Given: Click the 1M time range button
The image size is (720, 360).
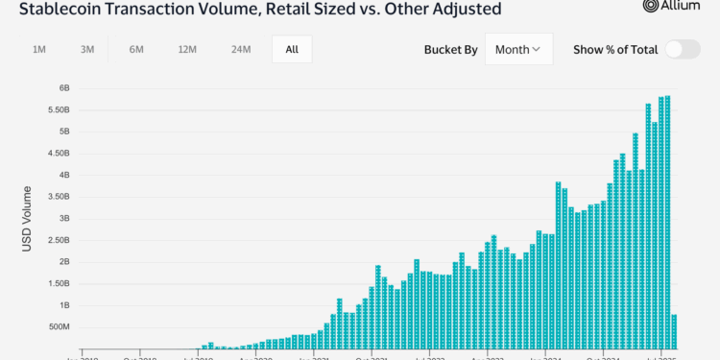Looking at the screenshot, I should pos(39,49).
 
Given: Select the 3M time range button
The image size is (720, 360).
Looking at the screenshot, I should pos(87,49).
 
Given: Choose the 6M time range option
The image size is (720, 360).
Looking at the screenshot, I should pos(137,49).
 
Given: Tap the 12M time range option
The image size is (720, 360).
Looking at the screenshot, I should pos(187,49).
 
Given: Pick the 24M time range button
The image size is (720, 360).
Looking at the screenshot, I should pos(240,49).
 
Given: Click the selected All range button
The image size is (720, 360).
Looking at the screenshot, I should pos(292,49).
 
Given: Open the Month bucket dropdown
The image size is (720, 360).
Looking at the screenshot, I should pos(518,49).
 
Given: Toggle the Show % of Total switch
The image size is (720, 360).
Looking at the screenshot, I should pos(683,49).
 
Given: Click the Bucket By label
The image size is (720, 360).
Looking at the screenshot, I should pos(450,49).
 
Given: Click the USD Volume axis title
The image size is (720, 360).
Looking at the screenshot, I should pos(28,221).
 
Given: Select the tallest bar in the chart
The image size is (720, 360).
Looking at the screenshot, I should pos(668,221).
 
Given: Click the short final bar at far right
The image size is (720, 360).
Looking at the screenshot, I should pos(675,330).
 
